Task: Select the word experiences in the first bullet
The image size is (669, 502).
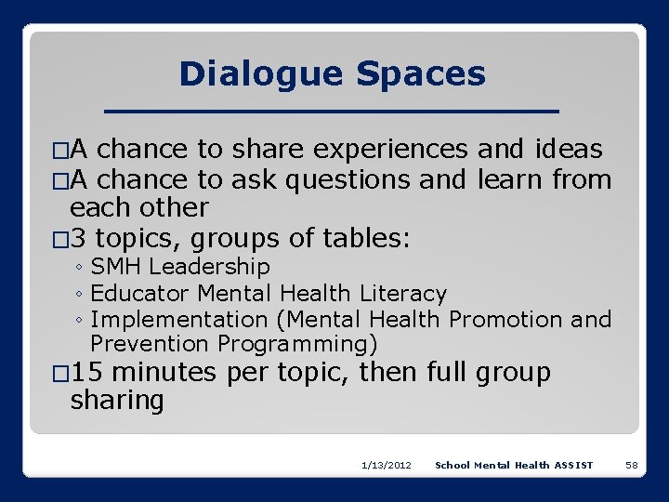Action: point(390,149)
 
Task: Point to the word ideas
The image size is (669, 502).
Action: point(569,149)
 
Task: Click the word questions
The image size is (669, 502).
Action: point(348,179)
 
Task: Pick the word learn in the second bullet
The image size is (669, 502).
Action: point(510,179)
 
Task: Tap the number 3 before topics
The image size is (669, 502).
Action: point(79,239)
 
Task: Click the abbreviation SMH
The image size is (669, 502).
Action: point(116,267)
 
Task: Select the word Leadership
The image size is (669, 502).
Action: point(209,267)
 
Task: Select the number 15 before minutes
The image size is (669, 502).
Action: point(86,373)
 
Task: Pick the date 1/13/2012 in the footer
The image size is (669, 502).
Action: point(387,465)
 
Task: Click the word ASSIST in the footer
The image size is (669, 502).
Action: point(573,465)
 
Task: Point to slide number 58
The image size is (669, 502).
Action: point(631,465)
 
